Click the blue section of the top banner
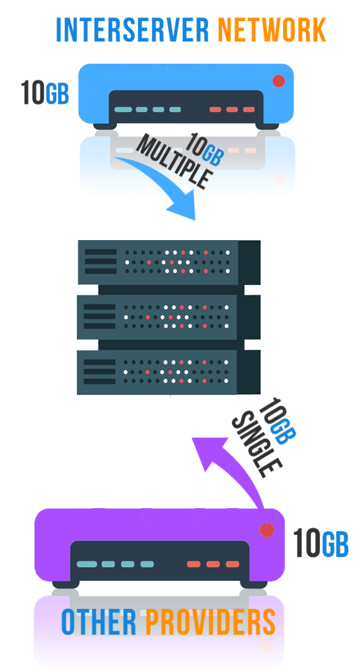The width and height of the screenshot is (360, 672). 133,29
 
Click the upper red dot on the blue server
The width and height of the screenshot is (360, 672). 279,81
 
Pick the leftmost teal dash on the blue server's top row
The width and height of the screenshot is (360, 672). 123,109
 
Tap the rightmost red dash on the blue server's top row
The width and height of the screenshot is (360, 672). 250,109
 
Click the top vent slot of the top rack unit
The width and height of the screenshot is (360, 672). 101,252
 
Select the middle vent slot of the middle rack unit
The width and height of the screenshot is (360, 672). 101,316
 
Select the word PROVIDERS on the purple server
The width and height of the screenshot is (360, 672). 210,622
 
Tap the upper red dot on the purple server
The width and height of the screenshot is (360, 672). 267,530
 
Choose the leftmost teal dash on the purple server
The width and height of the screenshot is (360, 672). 88,563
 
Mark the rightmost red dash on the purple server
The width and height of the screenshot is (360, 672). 232,563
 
